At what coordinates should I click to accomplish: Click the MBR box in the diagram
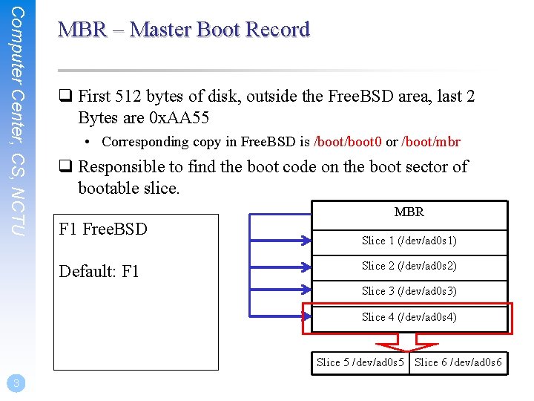(409, 212)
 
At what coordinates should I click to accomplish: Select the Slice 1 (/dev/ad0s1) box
(409, 241)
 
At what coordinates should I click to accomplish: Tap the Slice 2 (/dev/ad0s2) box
(409, 266)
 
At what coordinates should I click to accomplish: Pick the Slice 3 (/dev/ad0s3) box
(409, 291)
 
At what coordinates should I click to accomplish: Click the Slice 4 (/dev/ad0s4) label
(409, 317)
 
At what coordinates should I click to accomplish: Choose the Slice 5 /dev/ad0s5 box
(360, 362)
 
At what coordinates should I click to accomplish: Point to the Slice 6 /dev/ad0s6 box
(458, 362)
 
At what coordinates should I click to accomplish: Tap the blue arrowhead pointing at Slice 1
(304, 240)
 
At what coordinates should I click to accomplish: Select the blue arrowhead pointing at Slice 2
(304, 266)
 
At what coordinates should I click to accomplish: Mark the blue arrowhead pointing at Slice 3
(304, 291)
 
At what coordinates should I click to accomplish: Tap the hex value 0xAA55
(188, 117)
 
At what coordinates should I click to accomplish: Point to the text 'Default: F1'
(99, 271)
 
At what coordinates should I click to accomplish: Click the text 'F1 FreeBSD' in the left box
(102, 229)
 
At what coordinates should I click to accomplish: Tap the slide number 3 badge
(16, 383)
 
